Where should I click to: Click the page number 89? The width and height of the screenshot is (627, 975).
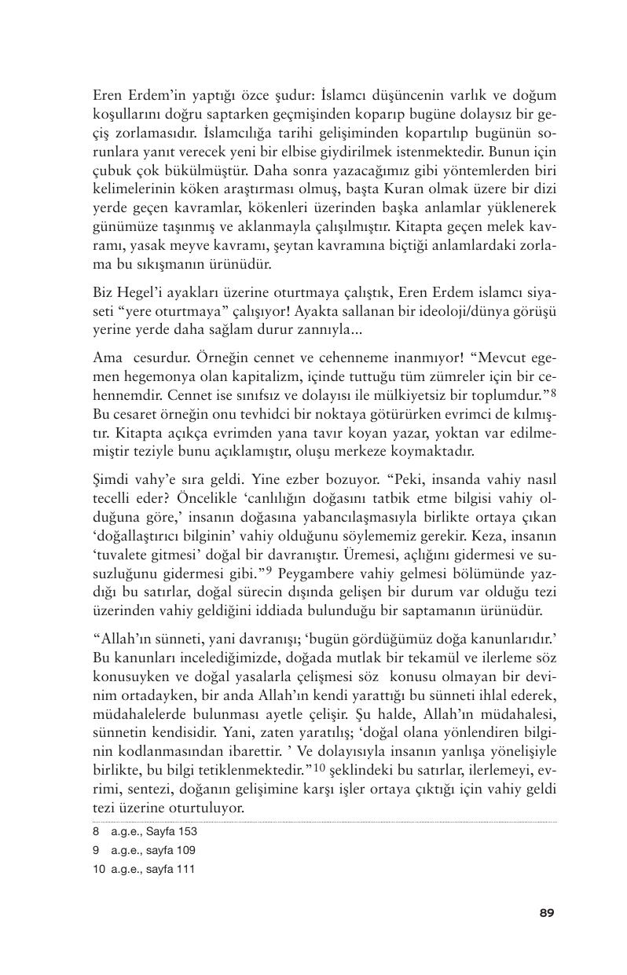[x=547, y=912]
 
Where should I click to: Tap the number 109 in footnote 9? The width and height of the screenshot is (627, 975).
[x=185, y=850]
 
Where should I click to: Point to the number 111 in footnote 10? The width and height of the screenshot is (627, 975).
[x=185, y=869]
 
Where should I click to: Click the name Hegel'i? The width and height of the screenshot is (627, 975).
[x=136, y=292]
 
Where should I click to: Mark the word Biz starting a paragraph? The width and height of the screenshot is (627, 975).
[x=102, y=292]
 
